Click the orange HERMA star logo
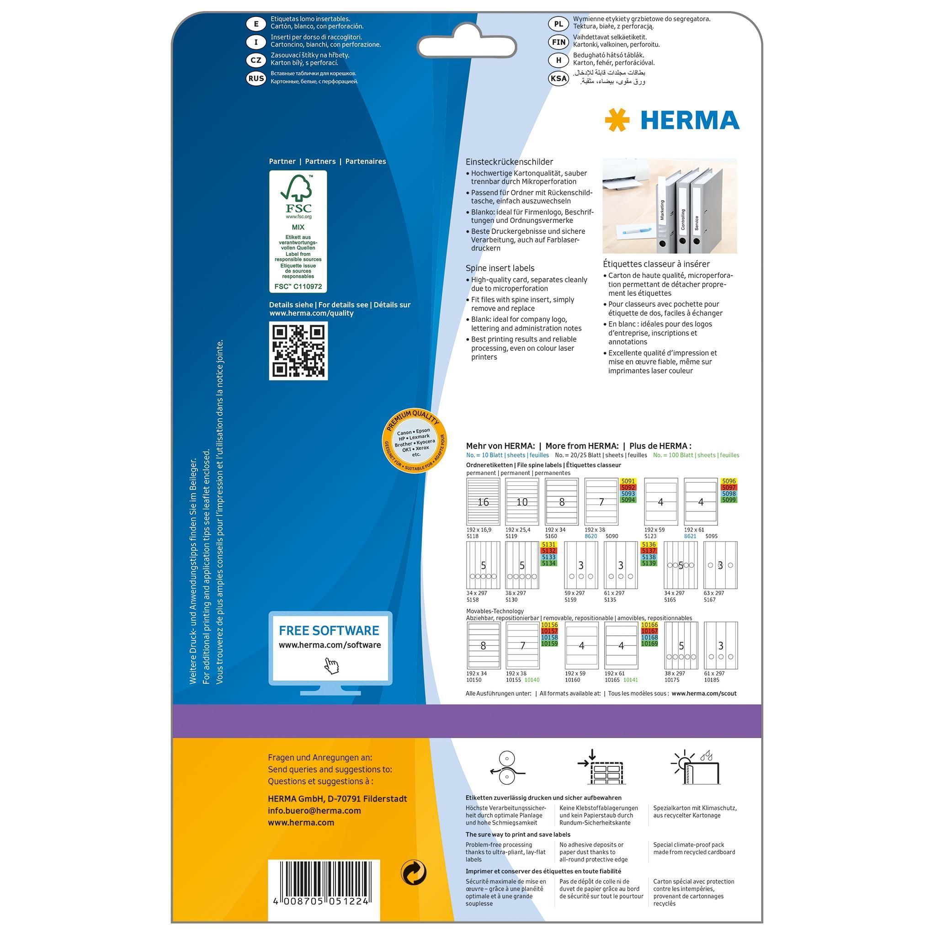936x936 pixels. (x=617, y=120)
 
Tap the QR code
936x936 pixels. (x=298, y=351)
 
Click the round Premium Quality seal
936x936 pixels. (x=415, y=441)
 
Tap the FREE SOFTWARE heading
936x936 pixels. (x=329, y=630)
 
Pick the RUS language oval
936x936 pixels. (x=256, y=78)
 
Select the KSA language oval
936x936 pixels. (x=558, y=78)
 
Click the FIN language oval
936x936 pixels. (x=558, y=42)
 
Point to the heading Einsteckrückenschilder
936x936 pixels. (x=509, y=162)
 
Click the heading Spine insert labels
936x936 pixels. (x=500, y=268)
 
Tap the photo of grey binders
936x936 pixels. (x=670, y=206)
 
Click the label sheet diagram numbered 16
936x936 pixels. (x=483, y=502)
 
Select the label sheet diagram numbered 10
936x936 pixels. (x=522, y=502)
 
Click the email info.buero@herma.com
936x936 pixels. (x=314, y=810)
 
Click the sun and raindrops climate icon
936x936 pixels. (x=695, y=767)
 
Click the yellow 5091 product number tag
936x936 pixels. (x=628, y=481)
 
